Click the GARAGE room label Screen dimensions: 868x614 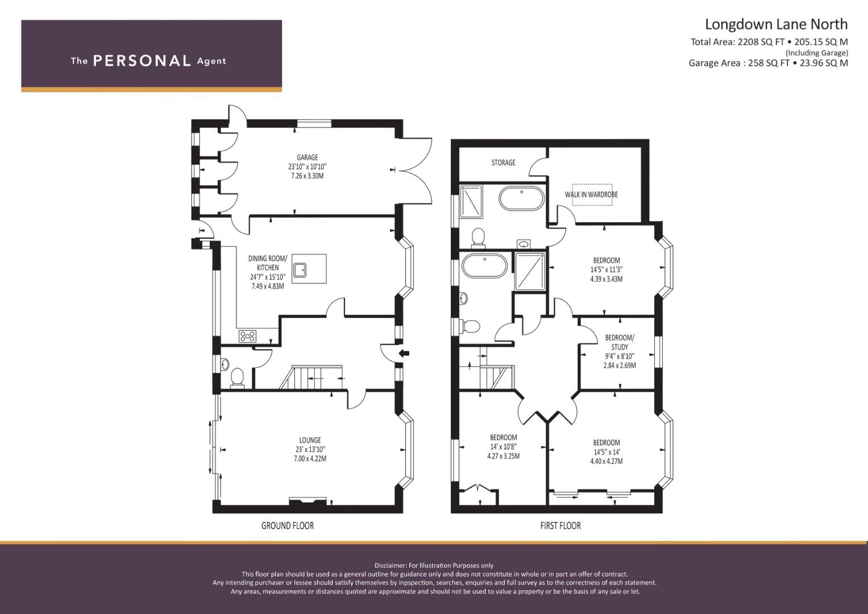point(308,157)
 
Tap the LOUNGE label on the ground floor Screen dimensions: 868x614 point(310,440)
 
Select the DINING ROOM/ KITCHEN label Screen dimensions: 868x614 point(268,263)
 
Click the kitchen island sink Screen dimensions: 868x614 point(300,270)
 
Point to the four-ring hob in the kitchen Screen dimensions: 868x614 point(248,336)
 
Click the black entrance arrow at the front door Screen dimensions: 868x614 point(404,352)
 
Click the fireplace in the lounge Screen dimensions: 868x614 point(308,501)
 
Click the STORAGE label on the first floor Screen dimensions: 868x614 point(504,163)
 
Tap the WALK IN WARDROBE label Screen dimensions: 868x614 point(591,194)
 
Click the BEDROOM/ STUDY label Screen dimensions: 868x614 point(620,342)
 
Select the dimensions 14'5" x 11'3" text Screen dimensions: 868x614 point(607,270)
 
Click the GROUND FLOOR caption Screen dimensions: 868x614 point(288,526)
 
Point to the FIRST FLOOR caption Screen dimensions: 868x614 point(560,526)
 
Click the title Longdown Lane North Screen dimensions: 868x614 point(776,24)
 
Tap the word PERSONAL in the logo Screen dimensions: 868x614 point(142,61)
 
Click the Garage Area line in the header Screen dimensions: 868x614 point(768,63)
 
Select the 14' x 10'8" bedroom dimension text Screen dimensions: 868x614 point(504,447)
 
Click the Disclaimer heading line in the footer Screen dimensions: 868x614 point(434,566)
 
